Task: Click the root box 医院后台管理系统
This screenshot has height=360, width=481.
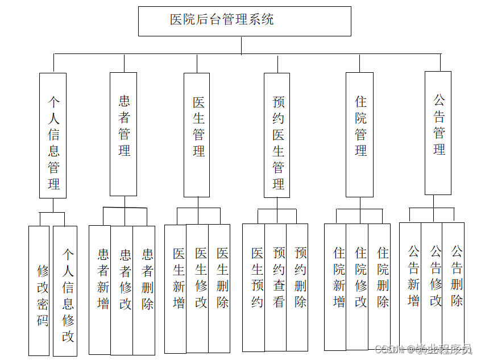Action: (x=244, y=21)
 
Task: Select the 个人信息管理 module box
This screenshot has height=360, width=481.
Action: (x=53, y=135)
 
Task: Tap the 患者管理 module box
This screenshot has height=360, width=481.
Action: (x=123, y=134)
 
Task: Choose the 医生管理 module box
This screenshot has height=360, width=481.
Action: (x=197, y=135)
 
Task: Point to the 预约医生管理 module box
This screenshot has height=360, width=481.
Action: (x=277, y=135)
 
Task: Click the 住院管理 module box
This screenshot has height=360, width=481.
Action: (x=359, y=134)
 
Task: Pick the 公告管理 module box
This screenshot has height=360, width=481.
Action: (x=438, y=133)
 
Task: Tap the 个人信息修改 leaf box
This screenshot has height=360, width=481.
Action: (x=65, y=291)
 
